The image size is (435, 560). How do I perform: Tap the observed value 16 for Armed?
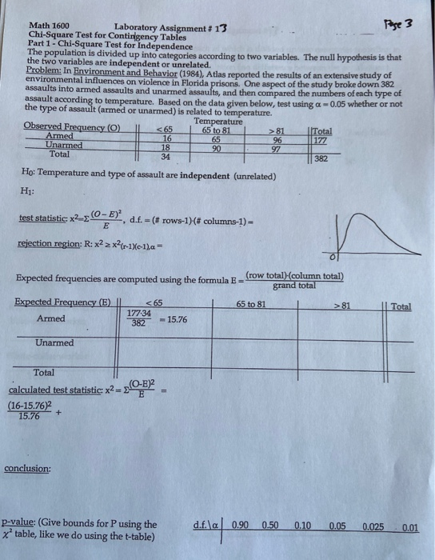click(166, 138)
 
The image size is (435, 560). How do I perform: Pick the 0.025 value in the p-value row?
click(374, 525)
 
